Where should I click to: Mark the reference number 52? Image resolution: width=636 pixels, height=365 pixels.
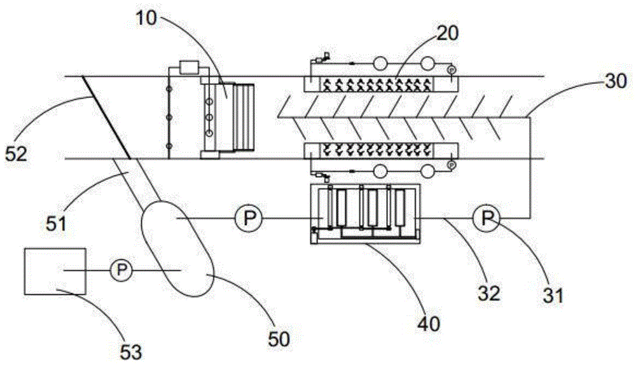[x=19, y=153]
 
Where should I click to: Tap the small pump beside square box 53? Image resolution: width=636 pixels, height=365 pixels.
[x=121, y=271]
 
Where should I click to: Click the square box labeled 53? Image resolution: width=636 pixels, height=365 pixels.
[x=55, y=271]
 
